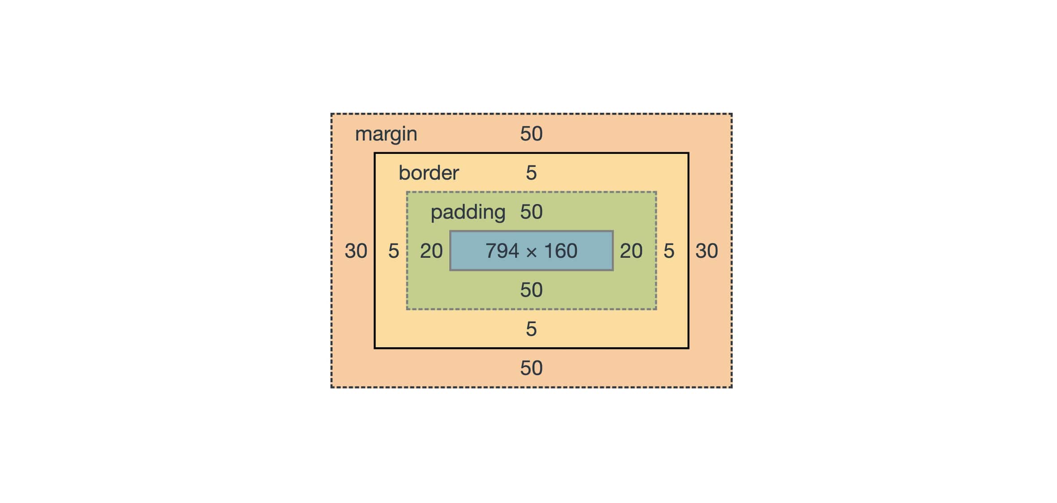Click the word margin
click(x=386, y=134)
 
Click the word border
click(x=429, y=173)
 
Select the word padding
click(x=468, y=212)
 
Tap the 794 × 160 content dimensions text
click(x=531, y=251)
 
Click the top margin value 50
click(x=531, y=134)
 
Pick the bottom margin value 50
click(x=531, y=368)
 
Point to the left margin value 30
click(x=356, y=251)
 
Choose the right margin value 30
click(x=706, y=251)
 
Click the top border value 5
click(x=531, y=173)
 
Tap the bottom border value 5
click(x=531, y=329)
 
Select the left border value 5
click(x=393, y=251)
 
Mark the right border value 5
click(x=669, y=251)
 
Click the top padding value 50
click(x=531, y=212)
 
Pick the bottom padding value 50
click(x=531, y=290)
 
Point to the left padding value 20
click(x=431, y=251)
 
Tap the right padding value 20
click(x=631, y=251)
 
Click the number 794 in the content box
click(x=502, y=251)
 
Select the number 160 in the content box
click(x=560, y=251)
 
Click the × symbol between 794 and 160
click(x=532, y=252)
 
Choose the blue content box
click(x=466, y=262)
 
